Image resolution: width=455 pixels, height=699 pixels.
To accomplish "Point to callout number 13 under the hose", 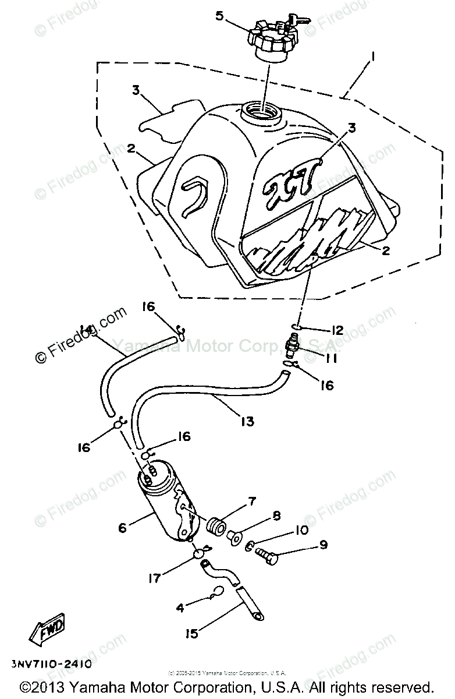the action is (247, 420).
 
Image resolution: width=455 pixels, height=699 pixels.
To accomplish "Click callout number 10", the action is (301, 530).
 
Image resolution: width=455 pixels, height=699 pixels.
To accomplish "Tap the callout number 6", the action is (122, 528).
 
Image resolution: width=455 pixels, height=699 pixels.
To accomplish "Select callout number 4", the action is (180, 608).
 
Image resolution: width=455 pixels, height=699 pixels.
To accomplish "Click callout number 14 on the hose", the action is (88, 331).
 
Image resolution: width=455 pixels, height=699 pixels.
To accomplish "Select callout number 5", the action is (219, 16).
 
